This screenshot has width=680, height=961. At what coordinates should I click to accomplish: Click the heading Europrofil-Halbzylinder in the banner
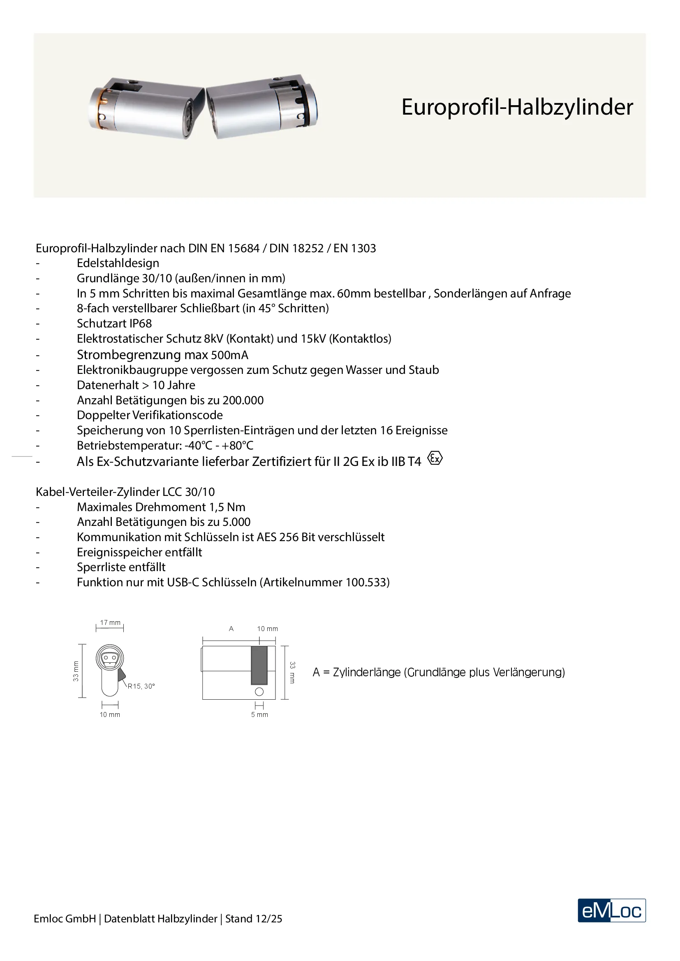[517, 107]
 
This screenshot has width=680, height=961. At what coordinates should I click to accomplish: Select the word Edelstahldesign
[118, 263]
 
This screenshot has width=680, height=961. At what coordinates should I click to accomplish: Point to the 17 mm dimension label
[110, 622]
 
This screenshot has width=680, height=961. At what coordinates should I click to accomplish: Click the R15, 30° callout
[141, 686]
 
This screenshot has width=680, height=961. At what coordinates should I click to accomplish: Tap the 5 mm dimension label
[259, 714]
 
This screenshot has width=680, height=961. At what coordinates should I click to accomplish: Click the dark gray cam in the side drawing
[259, 665]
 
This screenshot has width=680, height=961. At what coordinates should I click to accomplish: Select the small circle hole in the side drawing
[259, 692]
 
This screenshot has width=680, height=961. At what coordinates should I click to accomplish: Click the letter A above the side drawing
[231, 629]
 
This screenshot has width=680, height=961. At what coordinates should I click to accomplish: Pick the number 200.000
[243, 401]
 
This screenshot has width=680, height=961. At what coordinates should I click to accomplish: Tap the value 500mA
[229, 355]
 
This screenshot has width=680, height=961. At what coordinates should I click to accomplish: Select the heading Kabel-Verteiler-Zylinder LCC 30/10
[125, 492]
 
